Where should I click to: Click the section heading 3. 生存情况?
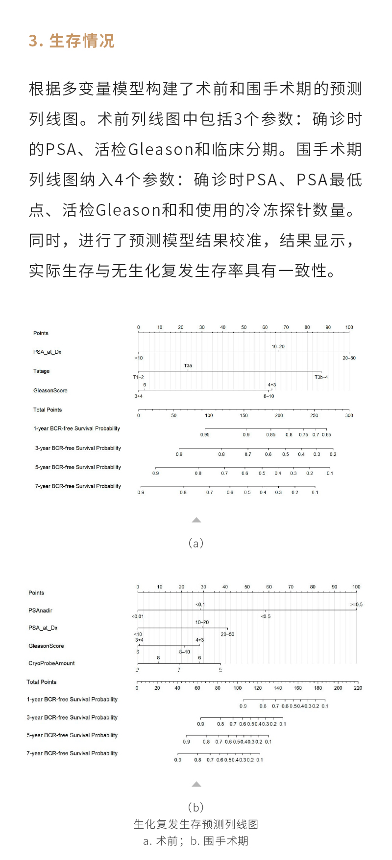[72, 41]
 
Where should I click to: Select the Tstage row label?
[42, 371]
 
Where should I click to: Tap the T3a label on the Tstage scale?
[188, 366]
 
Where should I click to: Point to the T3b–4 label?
[321, 377]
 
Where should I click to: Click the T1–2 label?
[139, 377]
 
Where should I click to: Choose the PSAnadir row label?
[40, 611]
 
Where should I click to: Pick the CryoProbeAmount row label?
[51, 663]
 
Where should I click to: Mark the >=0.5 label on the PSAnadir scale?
[356, 605]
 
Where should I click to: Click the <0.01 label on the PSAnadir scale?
[138, 616]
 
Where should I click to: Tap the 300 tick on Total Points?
[349, 415]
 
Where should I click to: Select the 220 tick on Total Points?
[358, 688]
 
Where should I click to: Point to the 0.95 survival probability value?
[205, 435]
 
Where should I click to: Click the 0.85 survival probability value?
[271, 435]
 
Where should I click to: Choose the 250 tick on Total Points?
[314, 415]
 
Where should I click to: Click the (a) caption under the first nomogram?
[196, 543]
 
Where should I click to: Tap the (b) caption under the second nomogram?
[196, 807]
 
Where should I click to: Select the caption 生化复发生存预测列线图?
[196, 824]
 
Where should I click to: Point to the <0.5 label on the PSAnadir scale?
[266, 616]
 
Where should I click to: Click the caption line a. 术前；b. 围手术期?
[196, 841]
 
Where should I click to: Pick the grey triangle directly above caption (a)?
[196, 520]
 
